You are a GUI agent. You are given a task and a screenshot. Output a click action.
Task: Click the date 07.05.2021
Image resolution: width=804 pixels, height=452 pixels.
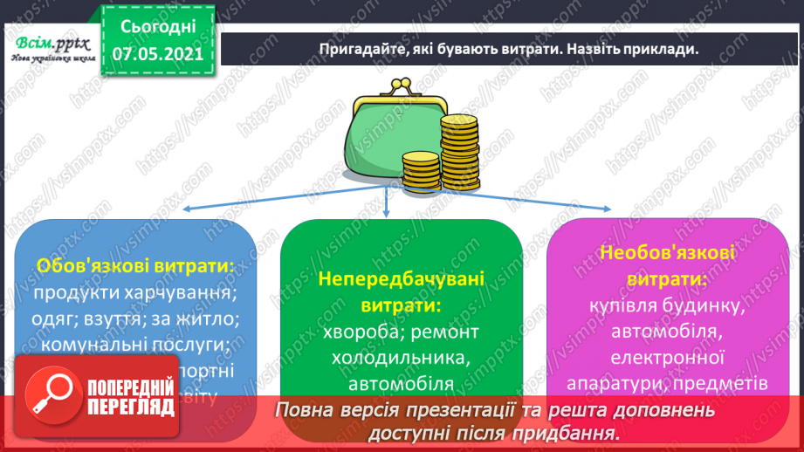point(156,53)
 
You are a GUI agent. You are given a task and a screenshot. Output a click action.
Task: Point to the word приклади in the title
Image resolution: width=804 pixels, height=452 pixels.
point(663,49)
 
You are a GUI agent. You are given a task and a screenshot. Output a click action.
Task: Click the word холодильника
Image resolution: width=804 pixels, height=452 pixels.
point(401,358)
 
